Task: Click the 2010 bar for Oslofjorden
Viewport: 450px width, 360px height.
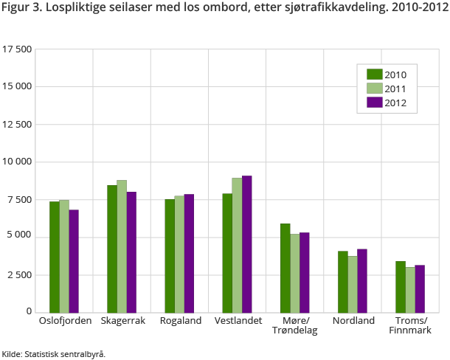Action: pyautogui.click(x=55, y=256)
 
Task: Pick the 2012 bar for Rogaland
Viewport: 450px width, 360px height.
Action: pyautogui.click(x=189, y=253)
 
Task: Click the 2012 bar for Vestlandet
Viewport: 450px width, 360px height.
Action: pyautogui.click(x=246, y=243)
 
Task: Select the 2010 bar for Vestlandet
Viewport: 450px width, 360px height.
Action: pyautogui.click(x=227, y=252)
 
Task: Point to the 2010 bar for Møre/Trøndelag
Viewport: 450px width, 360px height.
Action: pyautogui.click(x=285, y=267)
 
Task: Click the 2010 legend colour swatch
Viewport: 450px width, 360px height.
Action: pyautogui.click(x=374, y=74)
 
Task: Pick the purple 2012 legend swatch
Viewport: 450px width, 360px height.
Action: pyautogui.click(x=374, y=103)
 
